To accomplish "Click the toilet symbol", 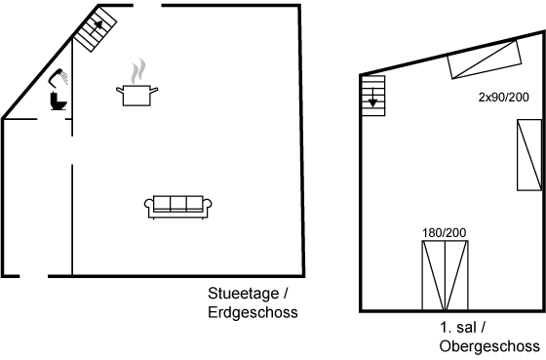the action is [58, 101].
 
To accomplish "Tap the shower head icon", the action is [58, 77].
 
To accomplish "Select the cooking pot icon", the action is [136, 96].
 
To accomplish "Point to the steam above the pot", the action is [138, 71].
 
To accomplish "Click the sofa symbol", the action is [178, 208].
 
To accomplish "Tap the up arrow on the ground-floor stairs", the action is [97, 26].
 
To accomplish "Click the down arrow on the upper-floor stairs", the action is [372, 98].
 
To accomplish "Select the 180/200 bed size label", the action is [444, 233].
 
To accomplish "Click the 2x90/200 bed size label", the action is [503, 98].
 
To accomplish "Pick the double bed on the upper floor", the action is [445, 275].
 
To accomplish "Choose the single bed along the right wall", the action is [529, 155].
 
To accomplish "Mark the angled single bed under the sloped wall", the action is [485, 60].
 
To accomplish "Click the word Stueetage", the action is [244, 294].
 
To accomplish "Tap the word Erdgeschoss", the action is [253, 312].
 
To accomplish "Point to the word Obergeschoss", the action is [489, 346].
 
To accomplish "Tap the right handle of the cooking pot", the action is [154, 91].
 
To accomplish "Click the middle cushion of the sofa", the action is [178, 204].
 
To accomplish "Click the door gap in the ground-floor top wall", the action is [147, 5].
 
